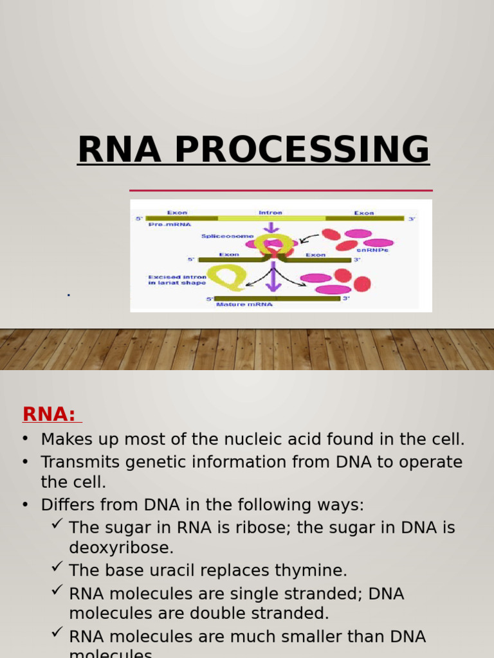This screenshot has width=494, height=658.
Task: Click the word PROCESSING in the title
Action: [301, 150]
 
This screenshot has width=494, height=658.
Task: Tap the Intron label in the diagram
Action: [270, 212]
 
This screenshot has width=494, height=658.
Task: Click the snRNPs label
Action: [372, 250]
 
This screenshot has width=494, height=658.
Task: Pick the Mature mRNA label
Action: [244, 305]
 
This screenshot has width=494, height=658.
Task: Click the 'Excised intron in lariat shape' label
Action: [177, 280]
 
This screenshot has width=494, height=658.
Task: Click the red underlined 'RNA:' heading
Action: [50, 414]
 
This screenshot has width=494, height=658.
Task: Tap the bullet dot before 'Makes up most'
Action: [25, 440]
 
